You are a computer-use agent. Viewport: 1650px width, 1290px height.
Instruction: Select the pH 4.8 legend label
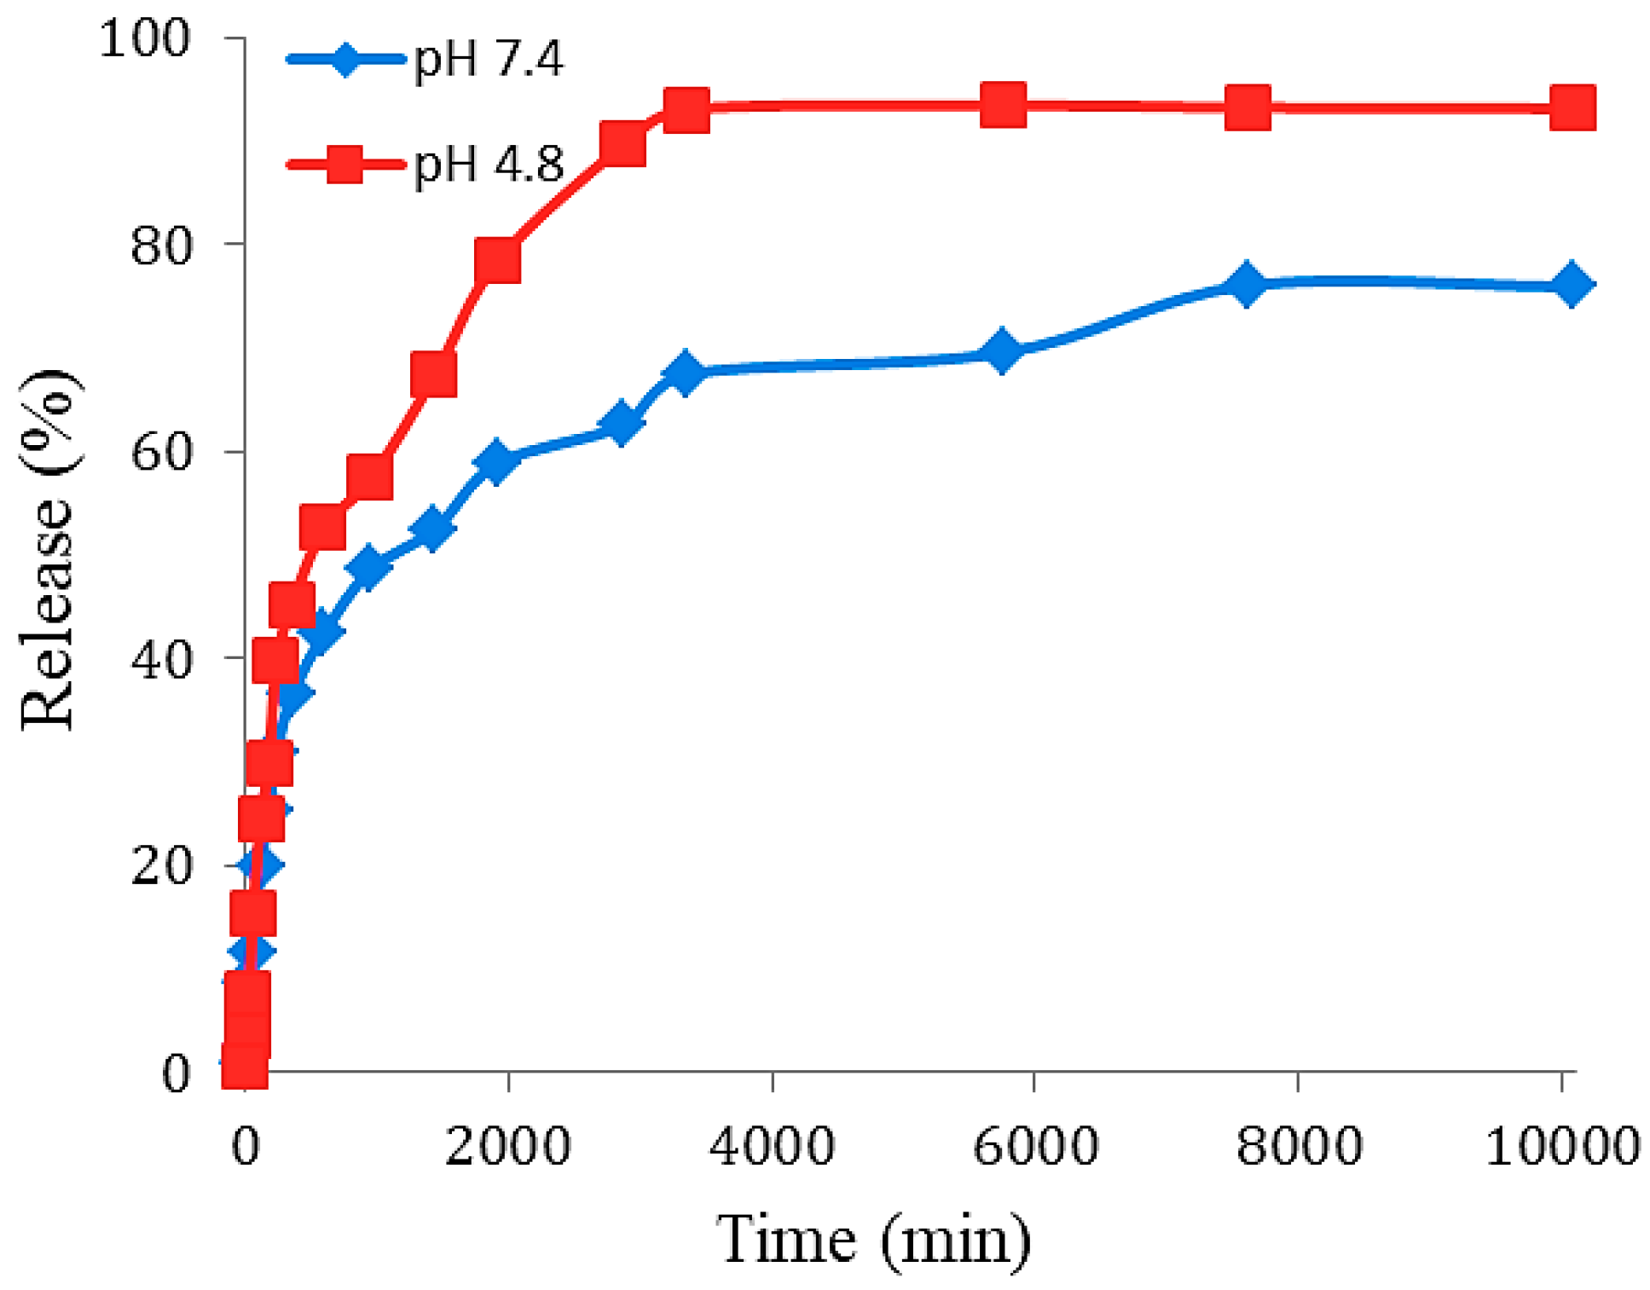tap(489, 165)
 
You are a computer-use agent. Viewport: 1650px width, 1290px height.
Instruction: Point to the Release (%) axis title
tap(49, 550)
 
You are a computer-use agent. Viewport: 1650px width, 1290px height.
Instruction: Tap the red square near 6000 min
tap(1003, 105)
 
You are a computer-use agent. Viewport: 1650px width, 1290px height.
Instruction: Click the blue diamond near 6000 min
tap(1002, 350)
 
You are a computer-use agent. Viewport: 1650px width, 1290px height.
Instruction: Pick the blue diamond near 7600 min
tap(1247, 283)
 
